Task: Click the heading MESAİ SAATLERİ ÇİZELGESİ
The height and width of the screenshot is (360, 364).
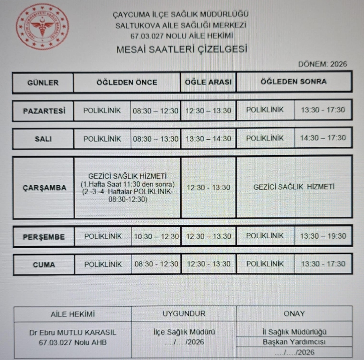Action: tap(181, 50)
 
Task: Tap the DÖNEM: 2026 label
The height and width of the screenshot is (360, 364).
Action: tap(323, 64)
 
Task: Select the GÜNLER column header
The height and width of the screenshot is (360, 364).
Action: tap(43, 83)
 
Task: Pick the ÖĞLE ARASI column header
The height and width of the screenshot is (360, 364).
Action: tap(208, 82)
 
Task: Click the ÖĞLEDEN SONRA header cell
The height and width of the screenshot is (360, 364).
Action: tap(294, 82)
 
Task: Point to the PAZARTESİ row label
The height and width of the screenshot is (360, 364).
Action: tap(44, 111)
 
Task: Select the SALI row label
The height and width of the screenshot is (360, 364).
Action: tap(44, 139)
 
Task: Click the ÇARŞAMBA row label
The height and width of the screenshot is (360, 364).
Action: tap(44, 188)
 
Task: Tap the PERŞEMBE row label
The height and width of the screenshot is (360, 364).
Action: tap(44, 237)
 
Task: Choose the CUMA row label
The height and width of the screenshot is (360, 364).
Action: tap(44, 265)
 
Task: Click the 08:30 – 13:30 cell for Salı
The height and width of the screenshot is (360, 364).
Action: tap(156, 139)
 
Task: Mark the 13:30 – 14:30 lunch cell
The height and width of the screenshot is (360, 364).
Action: tap(208, 139)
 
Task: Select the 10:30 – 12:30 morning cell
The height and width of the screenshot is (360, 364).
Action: tap(156, 237)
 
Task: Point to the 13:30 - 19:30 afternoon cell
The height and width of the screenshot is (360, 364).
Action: tap(323, 236)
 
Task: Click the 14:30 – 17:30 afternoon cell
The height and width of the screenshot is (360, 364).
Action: tap(323, 139)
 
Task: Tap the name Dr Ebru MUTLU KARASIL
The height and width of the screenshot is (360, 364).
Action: tap(73, 333)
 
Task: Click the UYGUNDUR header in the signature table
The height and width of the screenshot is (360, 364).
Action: tap(184, 314)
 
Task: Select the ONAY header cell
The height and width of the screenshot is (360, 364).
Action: tap(294, 314)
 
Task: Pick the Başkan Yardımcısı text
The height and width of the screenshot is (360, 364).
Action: tap(294, 342)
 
